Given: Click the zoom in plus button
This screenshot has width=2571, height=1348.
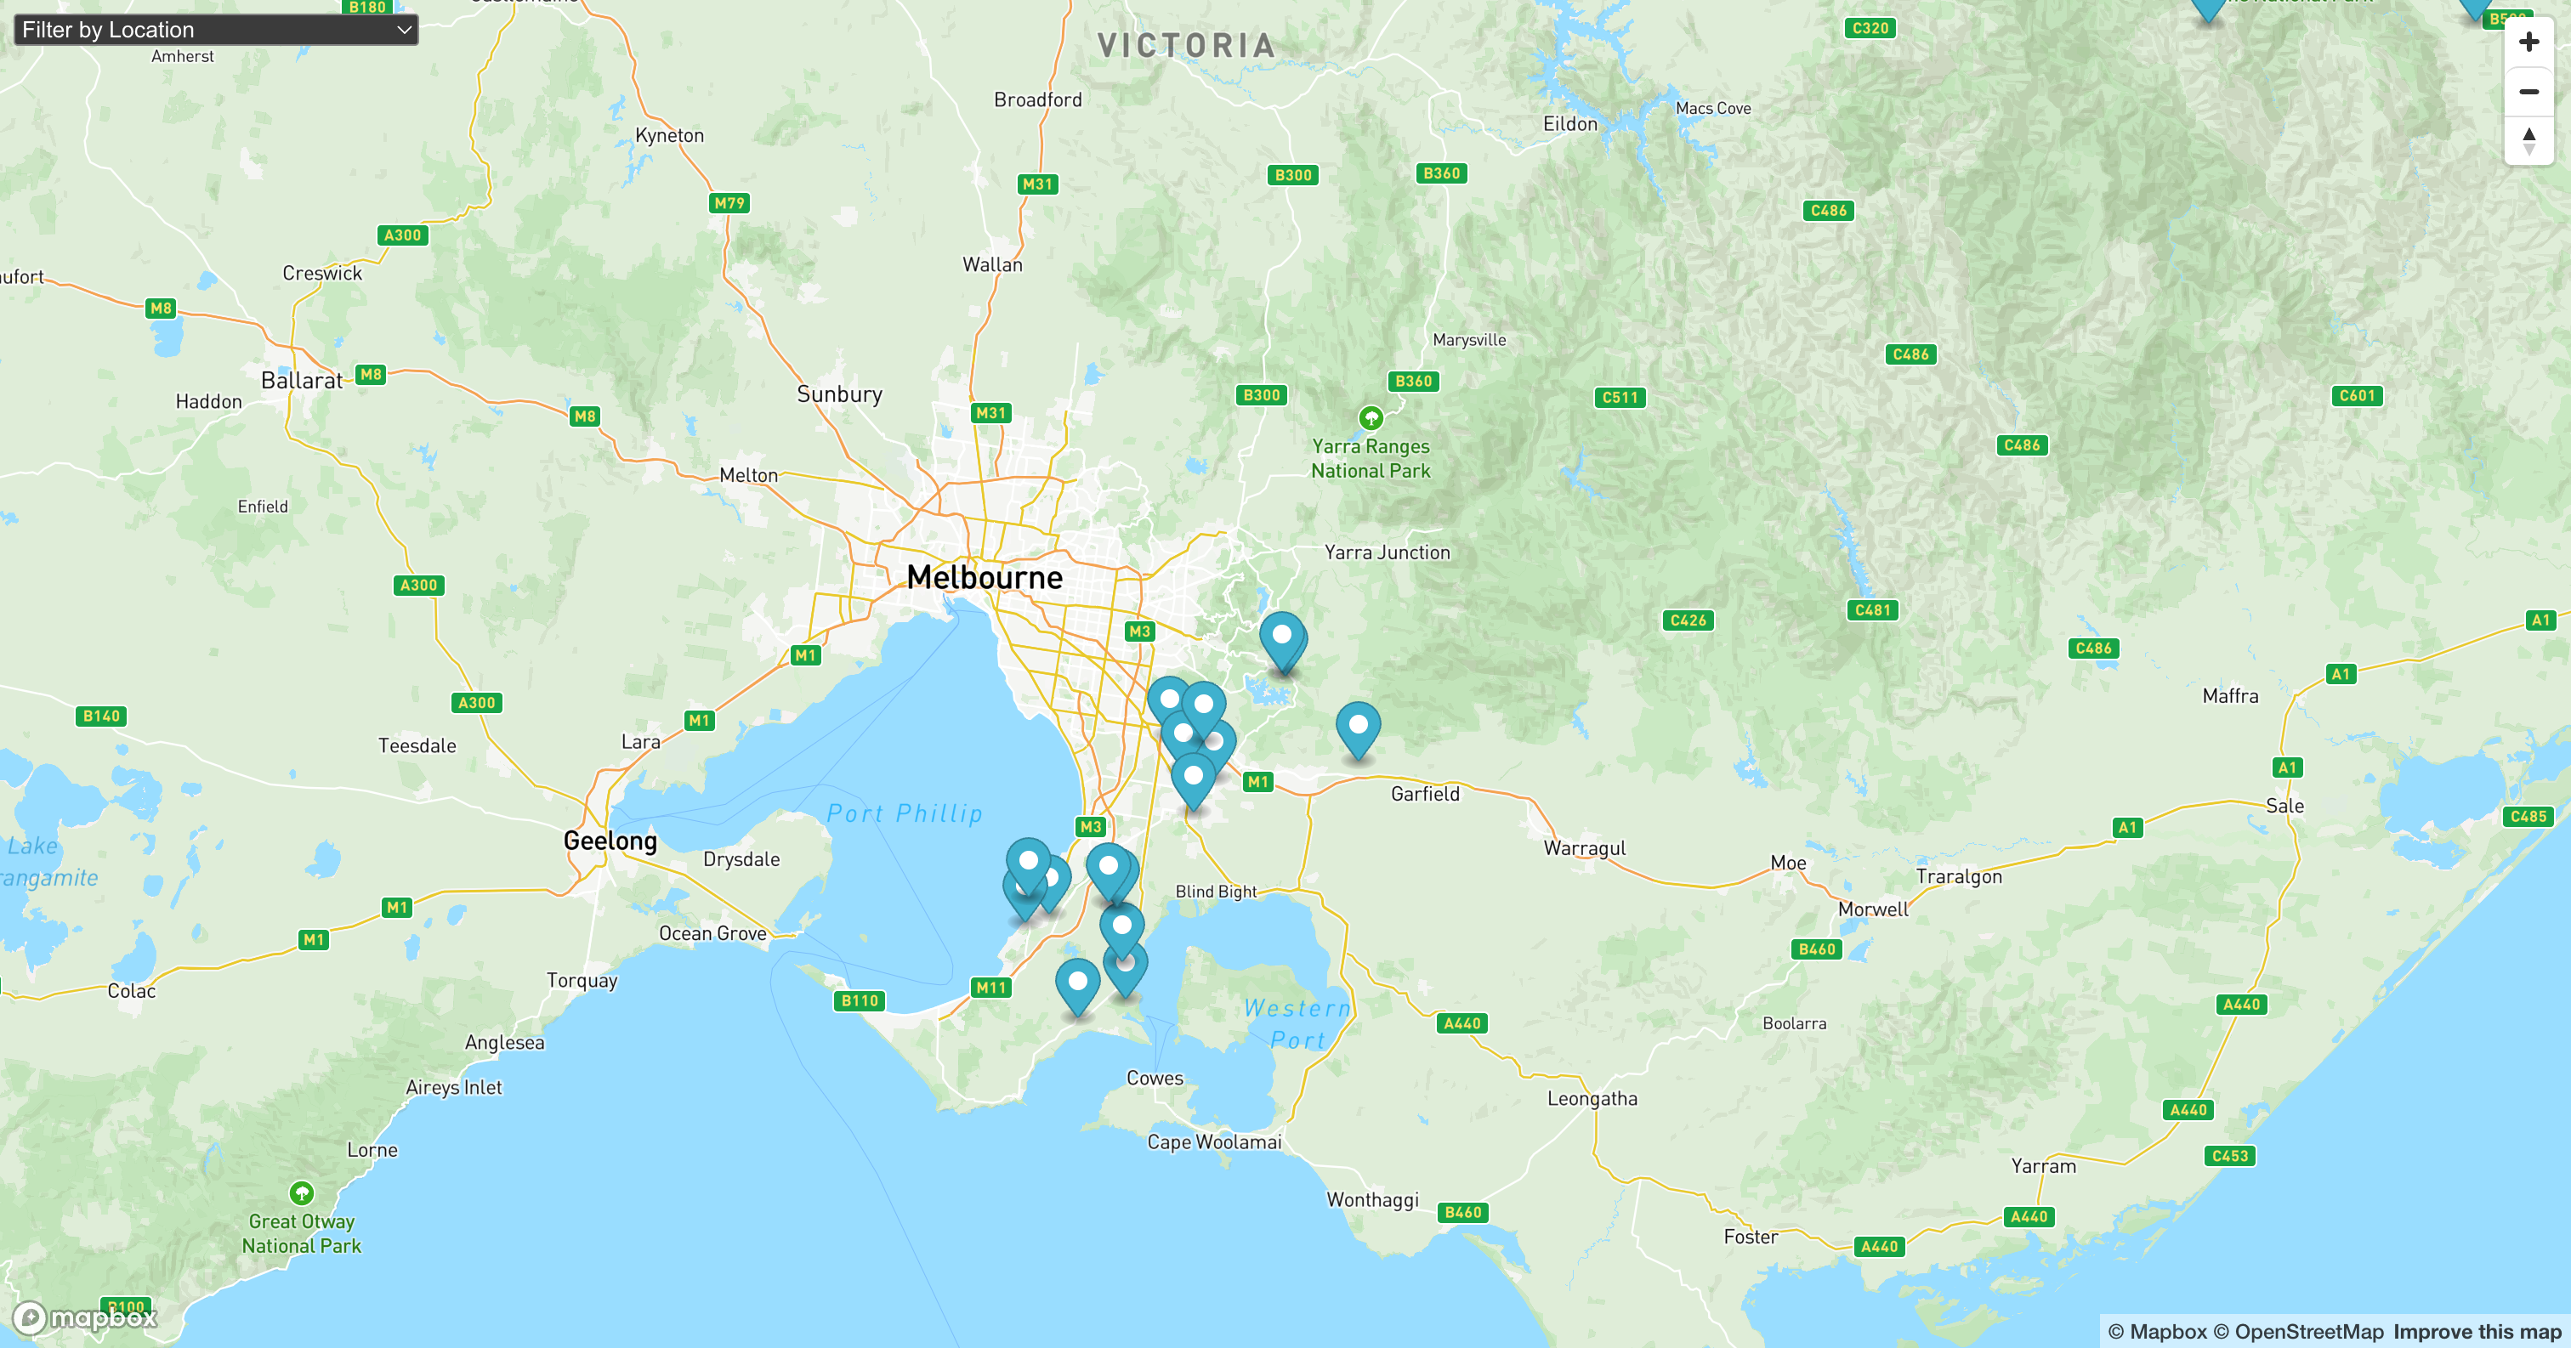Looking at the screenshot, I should (x=2528, y=42).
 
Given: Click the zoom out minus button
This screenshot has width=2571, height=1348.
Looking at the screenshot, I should (x=2528, y=92).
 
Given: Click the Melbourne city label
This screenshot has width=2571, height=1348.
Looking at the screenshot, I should (x=984, y=578).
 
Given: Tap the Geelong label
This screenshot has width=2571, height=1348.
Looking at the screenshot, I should (x=610, y=841).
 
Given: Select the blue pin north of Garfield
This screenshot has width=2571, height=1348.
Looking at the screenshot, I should (x=1358, y=728).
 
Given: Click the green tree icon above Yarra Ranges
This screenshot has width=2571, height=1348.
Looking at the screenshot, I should (x=1371, y=417).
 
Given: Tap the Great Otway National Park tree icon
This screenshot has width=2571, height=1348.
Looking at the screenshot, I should (x=302, y=1192).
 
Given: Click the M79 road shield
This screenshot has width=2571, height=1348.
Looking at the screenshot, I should (x=729, y=203).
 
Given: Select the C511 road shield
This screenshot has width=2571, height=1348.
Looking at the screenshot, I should (x=1619, y=397).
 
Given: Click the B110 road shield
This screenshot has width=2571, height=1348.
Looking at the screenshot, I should (x=860, y=1000).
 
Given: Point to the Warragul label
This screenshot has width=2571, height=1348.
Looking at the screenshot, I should (x=1584, y=848).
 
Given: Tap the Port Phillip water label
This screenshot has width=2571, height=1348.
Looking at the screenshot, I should (x=905, y=814).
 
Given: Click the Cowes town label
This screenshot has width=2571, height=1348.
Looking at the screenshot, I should (x=1154, y=1079).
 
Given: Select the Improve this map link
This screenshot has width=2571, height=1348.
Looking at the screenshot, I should (x=2476, y=1331).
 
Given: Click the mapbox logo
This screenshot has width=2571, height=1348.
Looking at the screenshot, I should (x=86, y=1318).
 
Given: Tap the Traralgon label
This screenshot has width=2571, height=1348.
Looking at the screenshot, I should (x=1958, y=877).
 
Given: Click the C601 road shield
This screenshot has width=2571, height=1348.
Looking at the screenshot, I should (x=2357, y=396).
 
